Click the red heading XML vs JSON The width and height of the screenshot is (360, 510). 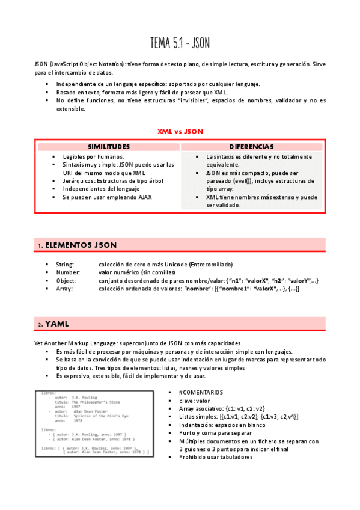(x=180, y=131)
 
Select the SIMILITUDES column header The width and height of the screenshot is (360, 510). (x=109, y=146)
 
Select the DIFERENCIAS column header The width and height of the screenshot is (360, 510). (x=252, y=146)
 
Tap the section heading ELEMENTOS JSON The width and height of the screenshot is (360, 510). (x=81, y=245)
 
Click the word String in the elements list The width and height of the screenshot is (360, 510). (x=65, y=264)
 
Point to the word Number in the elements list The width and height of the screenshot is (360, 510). (x=67, y=272)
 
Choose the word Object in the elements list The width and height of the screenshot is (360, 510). (x=66, y=280)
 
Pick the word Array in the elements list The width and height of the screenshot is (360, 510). (x=64, y=289)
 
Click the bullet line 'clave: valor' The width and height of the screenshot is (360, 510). (x=194, y=400)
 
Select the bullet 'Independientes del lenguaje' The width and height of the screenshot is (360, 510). (x=100, y=188)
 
